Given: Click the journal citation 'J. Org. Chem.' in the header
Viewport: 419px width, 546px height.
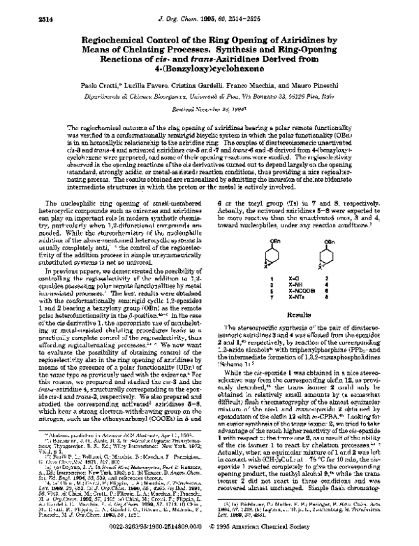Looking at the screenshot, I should pyautogui.click(x=182, y=11).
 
